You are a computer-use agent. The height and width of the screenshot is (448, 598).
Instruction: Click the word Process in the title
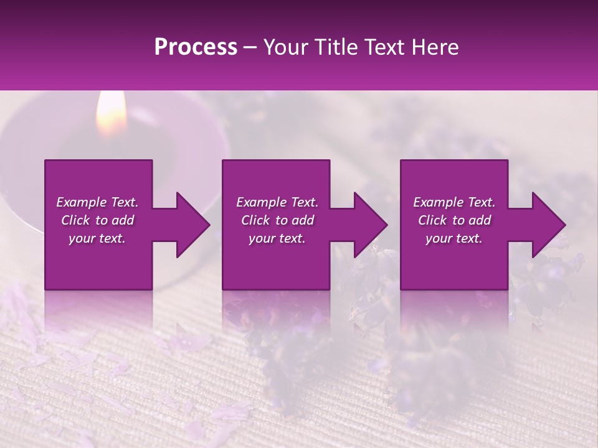coord(196,47)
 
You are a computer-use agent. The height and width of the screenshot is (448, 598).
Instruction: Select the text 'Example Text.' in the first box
coord(97,202)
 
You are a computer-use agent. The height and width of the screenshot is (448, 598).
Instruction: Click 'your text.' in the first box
coord(97,238)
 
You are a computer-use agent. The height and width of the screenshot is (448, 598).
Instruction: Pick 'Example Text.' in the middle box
coord(277,202)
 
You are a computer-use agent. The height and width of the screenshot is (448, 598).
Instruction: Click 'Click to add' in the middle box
coord(277,220)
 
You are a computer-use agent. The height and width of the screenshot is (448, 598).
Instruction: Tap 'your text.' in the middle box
coord(277,238)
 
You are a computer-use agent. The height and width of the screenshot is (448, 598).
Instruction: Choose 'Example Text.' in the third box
coord(454,202)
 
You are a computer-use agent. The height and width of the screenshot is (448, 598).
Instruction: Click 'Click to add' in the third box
coord(454,220)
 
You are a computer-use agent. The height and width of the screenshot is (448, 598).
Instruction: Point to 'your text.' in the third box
coord(454,238)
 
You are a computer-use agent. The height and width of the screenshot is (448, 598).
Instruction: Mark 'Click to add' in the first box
coord(97,220)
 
